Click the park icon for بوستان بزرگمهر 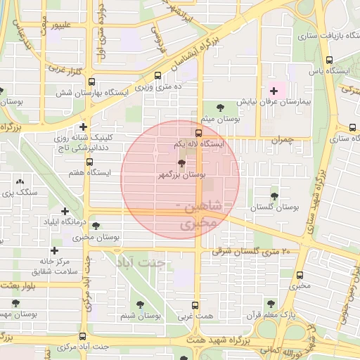pos(182,164)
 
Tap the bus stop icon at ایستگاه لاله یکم pos(199,133)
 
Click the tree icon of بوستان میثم pos(220,108)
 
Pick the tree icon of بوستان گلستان pos(274,197)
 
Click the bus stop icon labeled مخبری pos(300,275)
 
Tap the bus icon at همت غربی pos(195,305)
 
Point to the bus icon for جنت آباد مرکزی pos(83,336)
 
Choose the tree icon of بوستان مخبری pos(96,226)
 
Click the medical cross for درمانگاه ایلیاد pos(65,211)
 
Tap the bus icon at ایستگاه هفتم pos(89,161)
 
